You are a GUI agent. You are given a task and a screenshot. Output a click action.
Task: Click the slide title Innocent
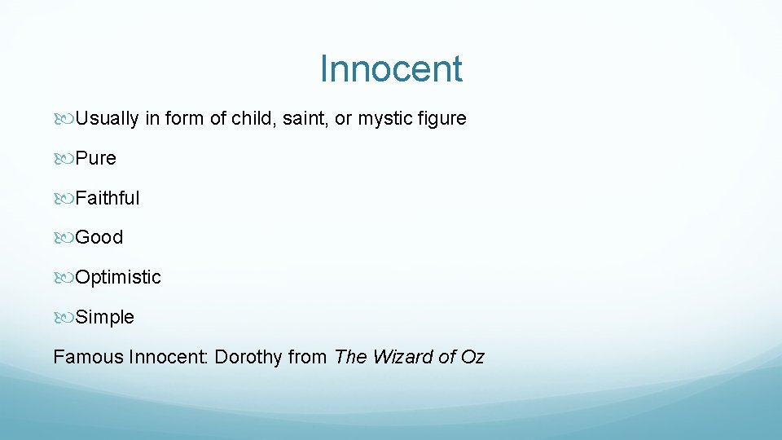[391, 68]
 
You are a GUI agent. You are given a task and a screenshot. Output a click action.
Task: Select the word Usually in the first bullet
[107, 119]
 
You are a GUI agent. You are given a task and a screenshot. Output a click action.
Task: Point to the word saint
[305, 119]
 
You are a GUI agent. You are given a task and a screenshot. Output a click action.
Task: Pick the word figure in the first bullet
[442, 119]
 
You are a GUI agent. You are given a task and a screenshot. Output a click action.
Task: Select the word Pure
[96, 158]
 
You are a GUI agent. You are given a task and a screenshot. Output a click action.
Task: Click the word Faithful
[108, 198]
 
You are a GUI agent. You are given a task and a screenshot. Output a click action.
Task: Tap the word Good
[99, 238]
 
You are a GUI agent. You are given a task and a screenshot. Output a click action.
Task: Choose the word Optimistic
[118, 278]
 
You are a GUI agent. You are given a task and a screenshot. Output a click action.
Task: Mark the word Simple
[104, 318]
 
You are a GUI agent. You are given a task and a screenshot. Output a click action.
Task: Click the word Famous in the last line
[88, 357]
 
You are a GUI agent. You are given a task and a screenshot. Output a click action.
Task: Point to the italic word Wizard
[402, 357]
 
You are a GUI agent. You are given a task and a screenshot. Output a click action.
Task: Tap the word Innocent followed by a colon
[169, 357]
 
